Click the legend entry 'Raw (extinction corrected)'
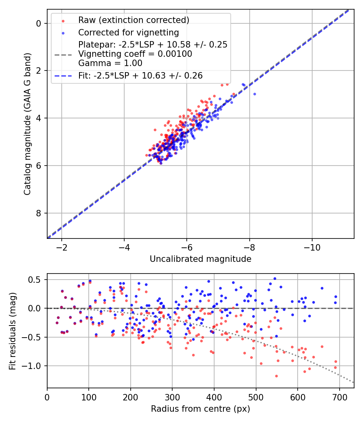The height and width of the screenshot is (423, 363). tap(134, 20)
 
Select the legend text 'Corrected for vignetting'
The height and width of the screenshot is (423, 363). tap(128, 32)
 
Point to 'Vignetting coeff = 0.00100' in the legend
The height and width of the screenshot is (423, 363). tap(135, 54)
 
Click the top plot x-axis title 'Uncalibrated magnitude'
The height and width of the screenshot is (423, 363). tap(200, 259)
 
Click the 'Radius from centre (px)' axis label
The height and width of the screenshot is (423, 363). tap(200, 409)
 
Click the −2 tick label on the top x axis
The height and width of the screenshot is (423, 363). tap(62, 246)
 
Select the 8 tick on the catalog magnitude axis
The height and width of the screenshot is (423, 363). tap(39, 213)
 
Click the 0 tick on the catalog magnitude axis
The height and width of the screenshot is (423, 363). tap(39, 23)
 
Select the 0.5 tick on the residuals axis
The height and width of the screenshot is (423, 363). tap(36, 280)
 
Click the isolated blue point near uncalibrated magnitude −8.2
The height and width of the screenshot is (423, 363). tap(255, 94)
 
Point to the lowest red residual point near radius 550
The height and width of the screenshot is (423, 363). tap(276, 376)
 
